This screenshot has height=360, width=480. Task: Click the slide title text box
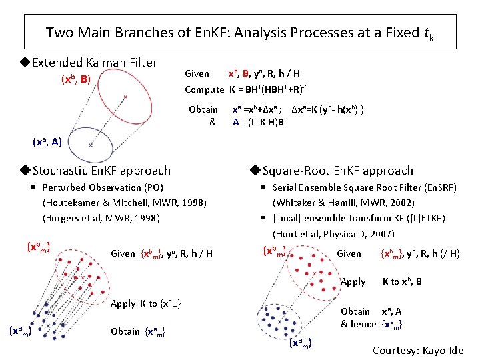[240, 32]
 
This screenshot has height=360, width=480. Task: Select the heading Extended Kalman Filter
[94, 63]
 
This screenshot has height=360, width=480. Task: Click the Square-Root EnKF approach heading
[337, 171]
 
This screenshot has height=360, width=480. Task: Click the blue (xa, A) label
[47, 141]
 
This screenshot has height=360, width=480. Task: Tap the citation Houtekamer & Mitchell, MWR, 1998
[125, 203]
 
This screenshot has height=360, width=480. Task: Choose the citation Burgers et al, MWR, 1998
[104, 217]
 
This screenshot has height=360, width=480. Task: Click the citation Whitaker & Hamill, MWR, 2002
[343, 203]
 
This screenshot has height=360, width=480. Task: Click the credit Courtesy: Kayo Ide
[417, 350]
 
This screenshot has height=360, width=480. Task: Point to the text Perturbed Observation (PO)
[103, 187]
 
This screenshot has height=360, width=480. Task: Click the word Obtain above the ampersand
[203, 109]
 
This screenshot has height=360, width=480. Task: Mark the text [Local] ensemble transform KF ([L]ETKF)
[359, 218]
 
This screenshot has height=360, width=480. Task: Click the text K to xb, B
[402, 282]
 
